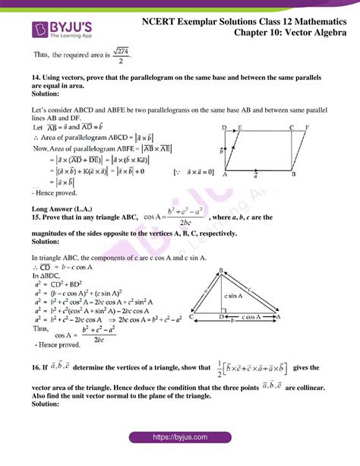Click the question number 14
tap(36, 78)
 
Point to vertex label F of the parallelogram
tap(305, 128)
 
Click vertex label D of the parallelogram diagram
tap(223, 128)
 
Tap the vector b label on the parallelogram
tap(222, 151)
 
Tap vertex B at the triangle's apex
tap(220, 270)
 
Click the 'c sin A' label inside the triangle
tap(233, 296)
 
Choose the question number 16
tap(36, 367)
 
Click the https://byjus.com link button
tap(180, 439)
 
